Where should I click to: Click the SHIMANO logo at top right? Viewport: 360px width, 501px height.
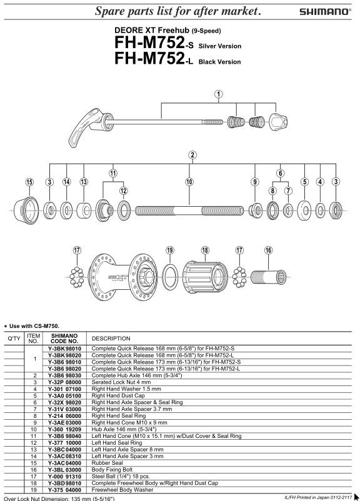[325, 11]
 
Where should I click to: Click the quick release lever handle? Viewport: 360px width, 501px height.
[84, 128]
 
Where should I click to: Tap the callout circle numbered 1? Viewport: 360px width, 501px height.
[219, 94]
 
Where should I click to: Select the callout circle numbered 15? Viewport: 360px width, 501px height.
[29, 182]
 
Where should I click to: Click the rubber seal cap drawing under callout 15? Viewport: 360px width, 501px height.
[26, 211]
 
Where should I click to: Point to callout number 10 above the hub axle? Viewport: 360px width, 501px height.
[189, 182]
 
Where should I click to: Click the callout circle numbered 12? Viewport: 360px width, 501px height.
[123, 191]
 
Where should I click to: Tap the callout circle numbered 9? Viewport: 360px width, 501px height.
[255, 182]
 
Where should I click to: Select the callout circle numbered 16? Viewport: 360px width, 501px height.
[268, 250]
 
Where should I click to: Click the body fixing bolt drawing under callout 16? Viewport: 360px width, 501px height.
[269, 277]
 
